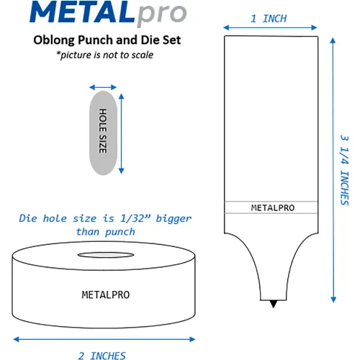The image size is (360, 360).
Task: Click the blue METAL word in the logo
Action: [82, 12]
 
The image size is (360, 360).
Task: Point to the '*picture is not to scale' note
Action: [105, 55]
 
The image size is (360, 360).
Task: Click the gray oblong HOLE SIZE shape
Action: [103, 133]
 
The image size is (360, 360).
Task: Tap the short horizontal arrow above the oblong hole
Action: [103, 87]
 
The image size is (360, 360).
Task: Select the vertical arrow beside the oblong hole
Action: [122, 133]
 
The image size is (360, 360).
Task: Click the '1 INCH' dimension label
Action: [269, 19]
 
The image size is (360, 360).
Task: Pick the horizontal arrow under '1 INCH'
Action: [270, 27]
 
